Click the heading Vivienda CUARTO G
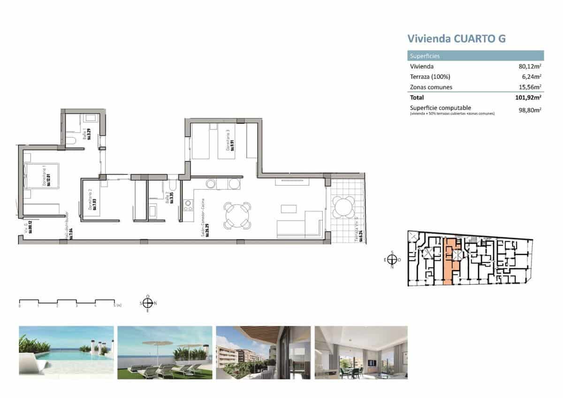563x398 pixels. [456, 38]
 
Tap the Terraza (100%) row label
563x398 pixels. [430, 77]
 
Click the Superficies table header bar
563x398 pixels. [475, 56]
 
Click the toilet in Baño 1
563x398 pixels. [70, 141]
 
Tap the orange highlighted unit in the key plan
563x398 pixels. [451, 263]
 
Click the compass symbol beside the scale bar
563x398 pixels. [148, 303]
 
